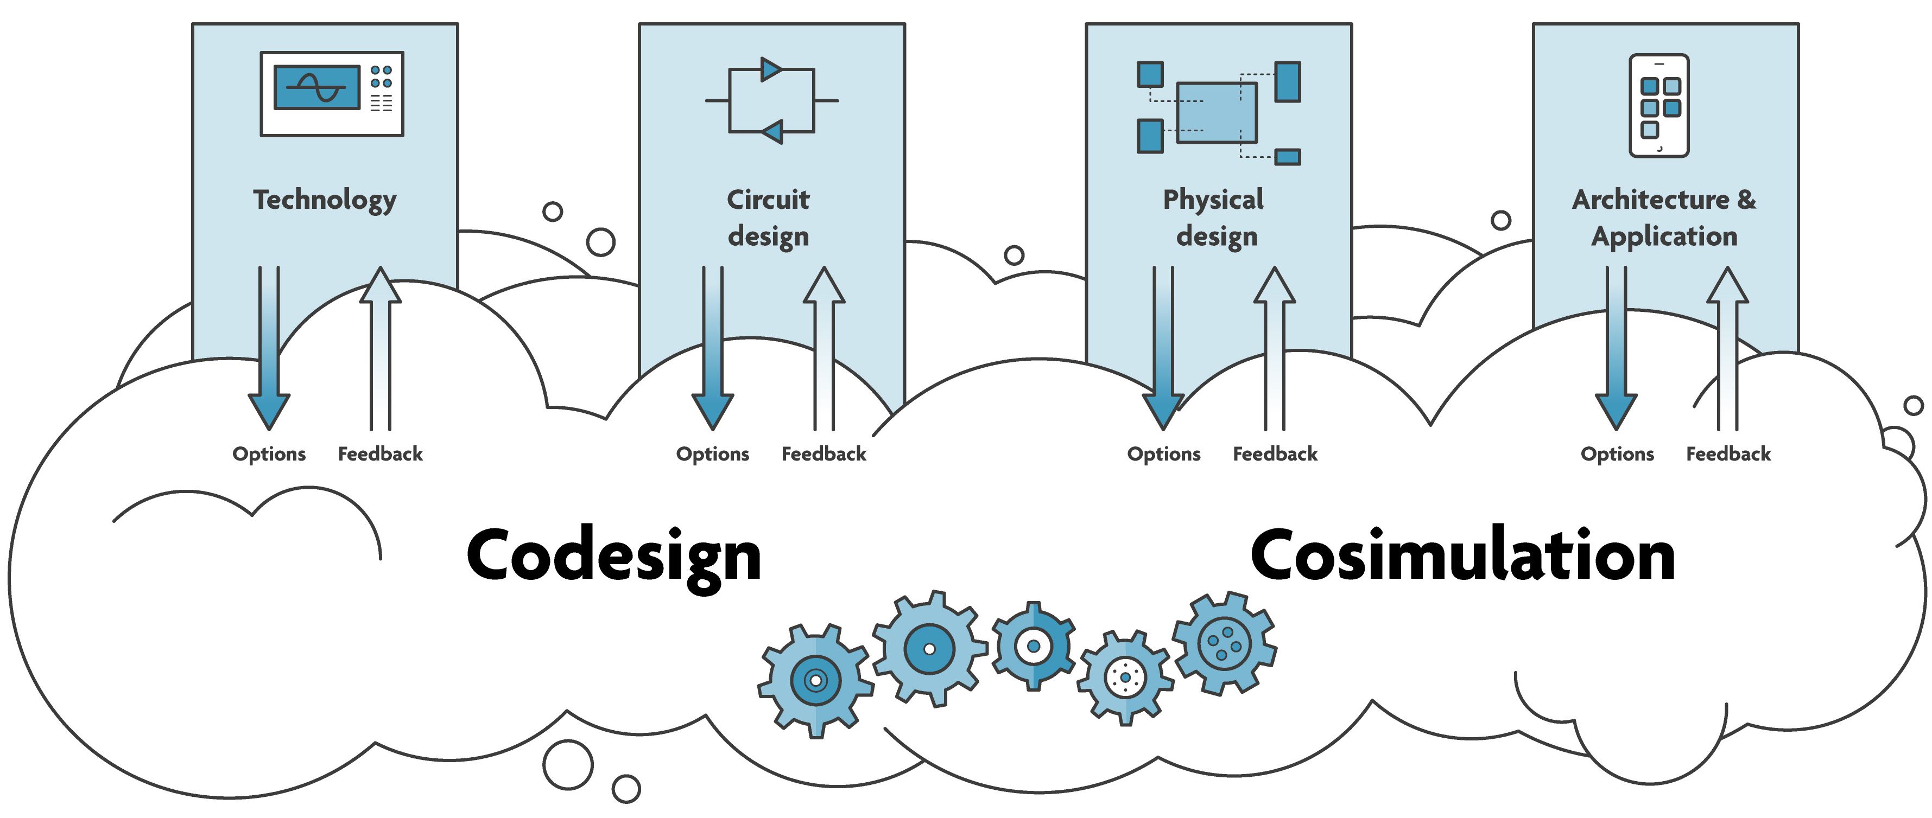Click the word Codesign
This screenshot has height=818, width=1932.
point(613,557)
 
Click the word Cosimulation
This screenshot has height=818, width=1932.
point(1462,557)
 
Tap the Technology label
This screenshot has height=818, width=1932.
point(325,200)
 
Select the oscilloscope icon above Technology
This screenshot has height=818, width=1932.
point(332,94)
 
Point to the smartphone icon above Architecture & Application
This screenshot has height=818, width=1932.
point(1659,106)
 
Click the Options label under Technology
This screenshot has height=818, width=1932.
point(269,453)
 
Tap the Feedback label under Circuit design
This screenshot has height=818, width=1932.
point(824,453)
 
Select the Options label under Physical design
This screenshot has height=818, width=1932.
point(1164,453)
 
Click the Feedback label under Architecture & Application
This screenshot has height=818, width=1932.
point(1728,453)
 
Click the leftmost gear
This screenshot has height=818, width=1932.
point(815,680)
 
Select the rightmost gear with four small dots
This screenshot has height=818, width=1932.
point(1224,643)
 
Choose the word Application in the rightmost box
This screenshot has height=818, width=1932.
point(1664,236)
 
